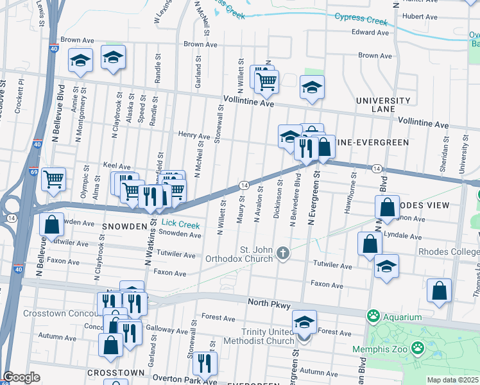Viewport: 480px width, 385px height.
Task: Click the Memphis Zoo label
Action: tap(380, 350)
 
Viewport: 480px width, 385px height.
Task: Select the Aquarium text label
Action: tap(403, 317)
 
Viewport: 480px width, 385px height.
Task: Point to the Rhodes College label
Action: tap(449, 252)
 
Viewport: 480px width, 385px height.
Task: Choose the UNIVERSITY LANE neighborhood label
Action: tap(383, 105)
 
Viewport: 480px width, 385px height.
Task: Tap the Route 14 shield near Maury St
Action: tap(244, 185)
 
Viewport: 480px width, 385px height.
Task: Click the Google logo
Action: tap(21, 377)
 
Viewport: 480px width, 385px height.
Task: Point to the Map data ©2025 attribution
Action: tap(453, 380)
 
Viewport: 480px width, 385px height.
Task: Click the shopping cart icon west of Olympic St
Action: tap(54, 179)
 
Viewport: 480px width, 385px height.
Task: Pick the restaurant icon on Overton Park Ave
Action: tap(205, 363)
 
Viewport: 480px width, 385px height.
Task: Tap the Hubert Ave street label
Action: tap(420, 17)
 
